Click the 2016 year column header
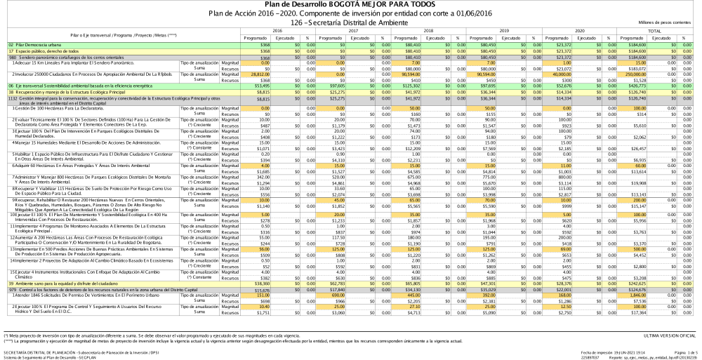(x=277, y=31)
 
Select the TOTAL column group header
(x=654, y=31)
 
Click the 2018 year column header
(x=428, y=31)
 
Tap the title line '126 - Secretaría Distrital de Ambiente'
(x=350, y=22)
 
